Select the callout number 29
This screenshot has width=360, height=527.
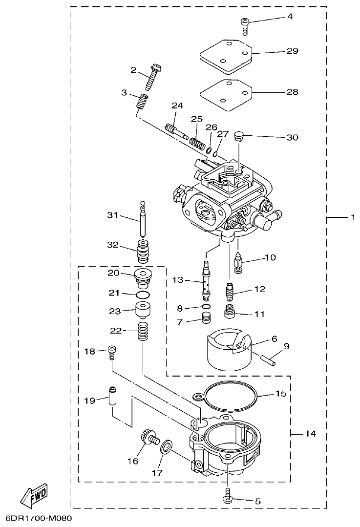(292, 51)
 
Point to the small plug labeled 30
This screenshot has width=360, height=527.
(238, 136)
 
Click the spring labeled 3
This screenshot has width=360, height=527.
(142, 103)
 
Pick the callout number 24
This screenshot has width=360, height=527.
(177, 106)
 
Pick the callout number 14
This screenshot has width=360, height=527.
(311, 433)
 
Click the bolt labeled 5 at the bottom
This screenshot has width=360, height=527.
(229, 495)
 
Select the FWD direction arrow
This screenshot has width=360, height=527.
(35, 496)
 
